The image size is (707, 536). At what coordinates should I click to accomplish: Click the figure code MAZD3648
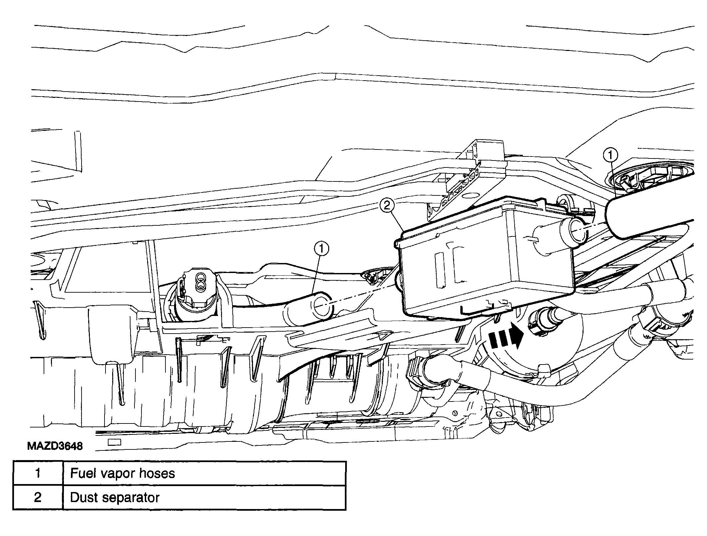[x=55, y=446]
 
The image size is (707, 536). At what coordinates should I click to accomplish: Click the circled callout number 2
[x=387, y=205]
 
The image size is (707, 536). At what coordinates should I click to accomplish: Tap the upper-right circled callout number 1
[x=610, y=155]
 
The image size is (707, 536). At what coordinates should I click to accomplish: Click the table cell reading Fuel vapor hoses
[x=204, y=473]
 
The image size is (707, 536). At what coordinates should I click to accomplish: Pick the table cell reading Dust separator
[x=204, y=497]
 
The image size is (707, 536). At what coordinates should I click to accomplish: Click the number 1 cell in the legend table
[x=38, y=473]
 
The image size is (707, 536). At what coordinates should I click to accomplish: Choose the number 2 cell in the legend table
[x=38, y=497]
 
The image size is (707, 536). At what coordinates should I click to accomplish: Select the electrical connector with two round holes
[x=199, y=286]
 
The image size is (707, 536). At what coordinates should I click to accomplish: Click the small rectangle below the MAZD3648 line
[x=115, y=442]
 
